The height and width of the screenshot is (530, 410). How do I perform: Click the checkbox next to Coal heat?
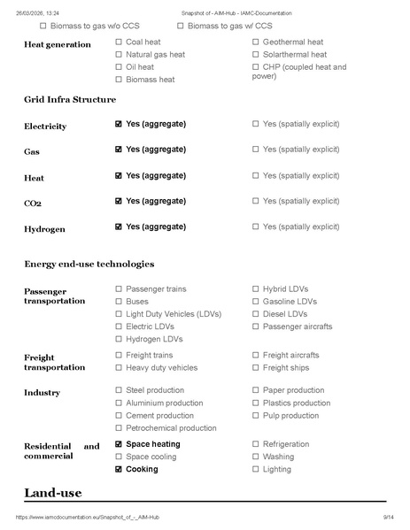point(119,42)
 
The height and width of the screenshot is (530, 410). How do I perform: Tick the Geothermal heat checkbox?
point(256,42)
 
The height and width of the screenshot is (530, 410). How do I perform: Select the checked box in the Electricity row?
point(119,125)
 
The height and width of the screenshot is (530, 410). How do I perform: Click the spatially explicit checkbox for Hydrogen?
point(256,227)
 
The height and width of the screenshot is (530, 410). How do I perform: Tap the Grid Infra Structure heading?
point(70,98)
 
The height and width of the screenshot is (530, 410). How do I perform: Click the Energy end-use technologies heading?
point(89,264)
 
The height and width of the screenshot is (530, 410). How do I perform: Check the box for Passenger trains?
point(119,289)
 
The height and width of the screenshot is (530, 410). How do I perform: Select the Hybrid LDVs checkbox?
point(256,289)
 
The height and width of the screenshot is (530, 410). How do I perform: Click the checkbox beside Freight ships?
point(256,368)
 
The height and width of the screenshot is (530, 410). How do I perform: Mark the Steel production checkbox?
point(119,390)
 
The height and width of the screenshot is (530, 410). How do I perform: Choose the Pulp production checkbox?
point(256,416)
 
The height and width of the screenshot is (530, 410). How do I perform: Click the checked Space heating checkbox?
point(119,444)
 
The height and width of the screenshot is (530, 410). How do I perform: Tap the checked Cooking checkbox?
point(119,470)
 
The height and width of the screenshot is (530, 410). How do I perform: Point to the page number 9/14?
point(387,517)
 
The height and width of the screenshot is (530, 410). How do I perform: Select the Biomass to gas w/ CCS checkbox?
point(181,27)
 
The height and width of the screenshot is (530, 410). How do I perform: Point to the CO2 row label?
point(33,204)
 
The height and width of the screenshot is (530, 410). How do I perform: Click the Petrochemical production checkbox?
point(119,428)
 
